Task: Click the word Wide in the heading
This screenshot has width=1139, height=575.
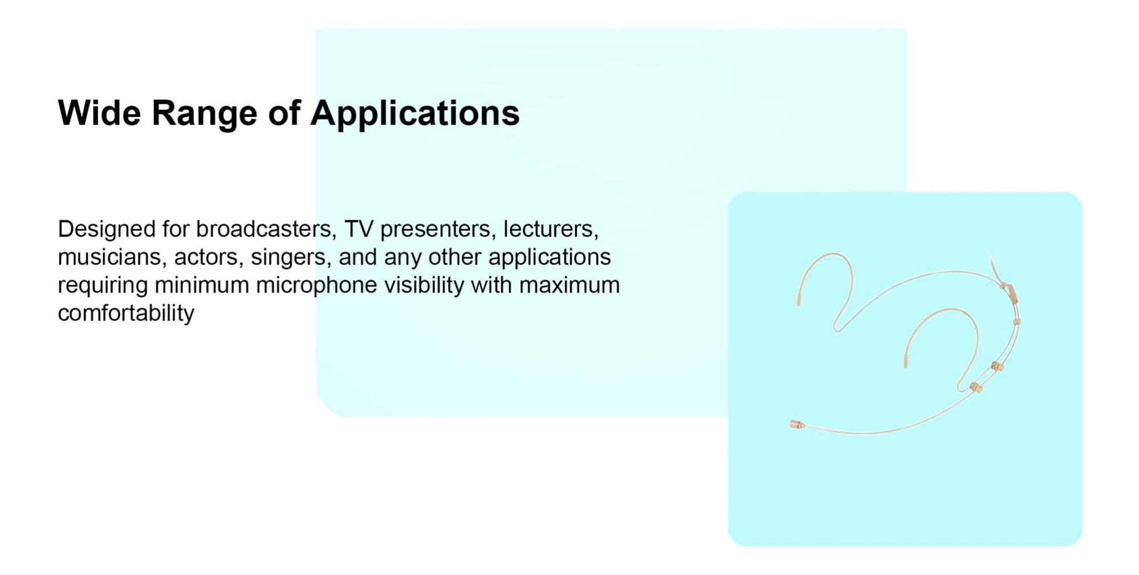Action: coord(99,113)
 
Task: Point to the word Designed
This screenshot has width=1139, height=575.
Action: coord(107,230)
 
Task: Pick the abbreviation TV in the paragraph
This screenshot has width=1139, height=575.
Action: coord(359,229)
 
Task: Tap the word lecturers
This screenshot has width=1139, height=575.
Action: coord(551,229)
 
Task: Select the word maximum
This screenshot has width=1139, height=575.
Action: coord(569,286)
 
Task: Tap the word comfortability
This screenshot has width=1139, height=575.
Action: coord(126,313)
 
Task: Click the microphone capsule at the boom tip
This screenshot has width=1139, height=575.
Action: coord(796,424)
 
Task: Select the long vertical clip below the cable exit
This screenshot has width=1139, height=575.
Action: coord(1012,293)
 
